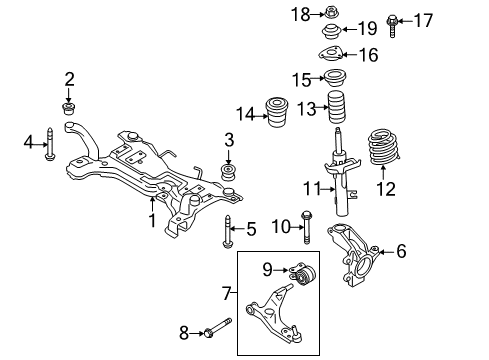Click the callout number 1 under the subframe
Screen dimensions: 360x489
pyautogui.click(x=152, y=220)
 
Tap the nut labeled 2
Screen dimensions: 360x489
pyautogui.click(x=70, y=108)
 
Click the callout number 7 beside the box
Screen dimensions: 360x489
pyautogui.click(x=226, y=293)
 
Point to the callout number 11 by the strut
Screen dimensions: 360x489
pyautogui.click(x=311, y=188)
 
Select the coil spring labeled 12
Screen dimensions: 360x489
pyautogui.click(x=383, y=150)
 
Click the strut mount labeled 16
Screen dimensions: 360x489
pyautogui.click(x=329, y=56)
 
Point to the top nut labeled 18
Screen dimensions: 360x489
pyautogui.click(x=329, y=13)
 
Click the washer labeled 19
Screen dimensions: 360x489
pyautogui.click(x=329, y=30)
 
